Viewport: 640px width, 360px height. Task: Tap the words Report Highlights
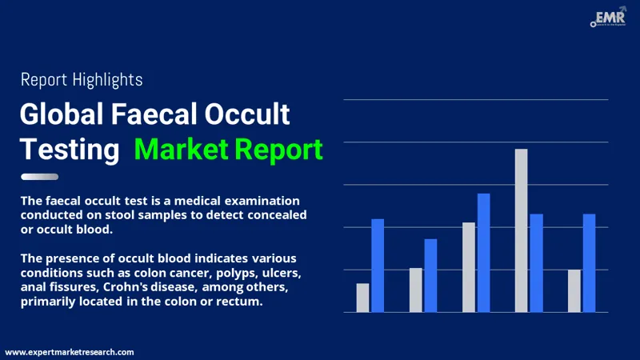tap(81, 79)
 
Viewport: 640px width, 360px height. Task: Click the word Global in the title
tap(67, 115)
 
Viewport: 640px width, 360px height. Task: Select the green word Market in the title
tap(181, 149)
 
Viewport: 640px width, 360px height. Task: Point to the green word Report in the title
tap(278, 149)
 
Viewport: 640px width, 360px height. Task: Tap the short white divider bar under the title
tap(39, 177)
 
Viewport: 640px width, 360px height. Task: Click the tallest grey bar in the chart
tap(521, 230)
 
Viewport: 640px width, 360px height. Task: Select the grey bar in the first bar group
tap(362, 298)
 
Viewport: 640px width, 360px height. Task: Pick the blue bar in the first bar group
tap(378, 266)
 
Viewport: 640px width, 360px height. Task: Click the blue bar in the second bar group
tap(430, 275)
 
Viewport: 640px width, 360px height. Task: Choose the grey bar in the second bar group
tap(415, 290)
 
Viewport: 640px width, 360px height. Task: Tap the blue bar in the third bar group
tap(483, 253)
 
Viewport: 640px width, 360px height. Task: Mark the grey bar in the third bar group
tap(468, 267)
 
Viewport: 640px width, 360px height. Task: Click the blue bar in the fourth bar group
tap(536, 262)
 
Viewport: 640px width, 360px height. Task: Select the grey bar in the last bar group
tap(574, 290)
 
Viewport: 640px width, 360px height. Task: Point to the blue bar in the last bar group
tap(589, 262)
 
